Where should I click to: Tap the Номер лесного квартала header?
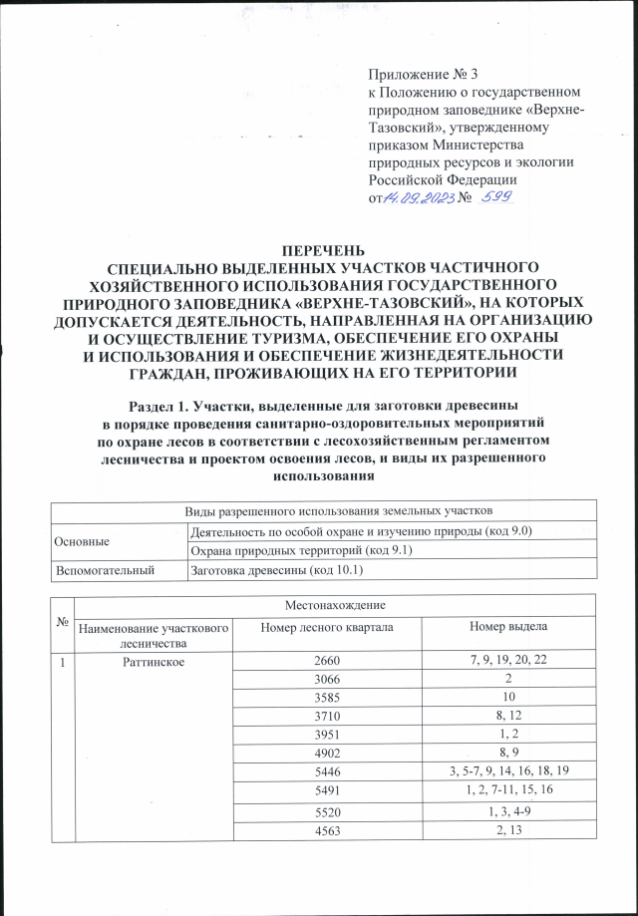point(326,626)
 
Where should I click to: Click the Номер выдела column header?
point(504,626)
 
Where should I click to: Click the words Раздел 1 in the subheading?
point(161,405)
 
